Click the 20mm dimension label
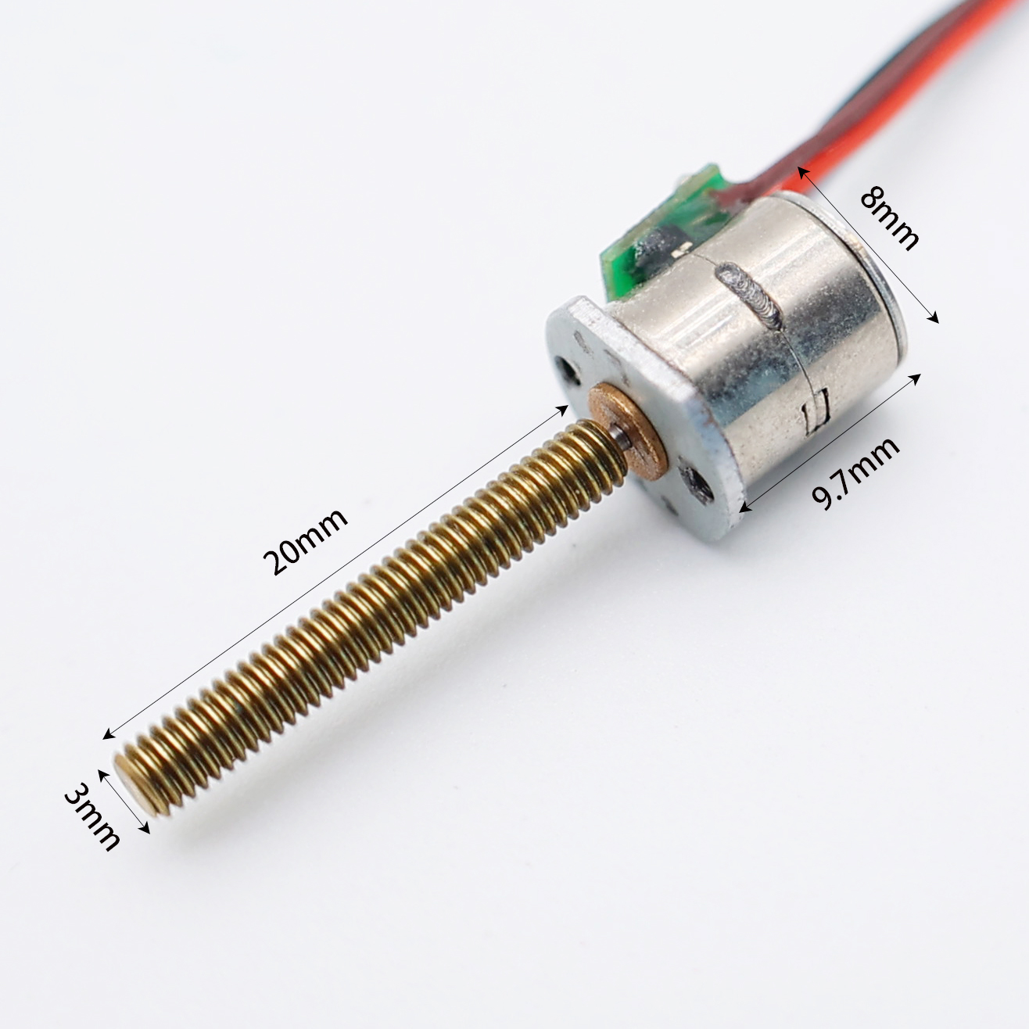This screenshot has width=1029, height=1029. tap(306, 541)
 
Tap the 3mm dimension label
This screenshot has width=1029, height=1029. tap(91, 816)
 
